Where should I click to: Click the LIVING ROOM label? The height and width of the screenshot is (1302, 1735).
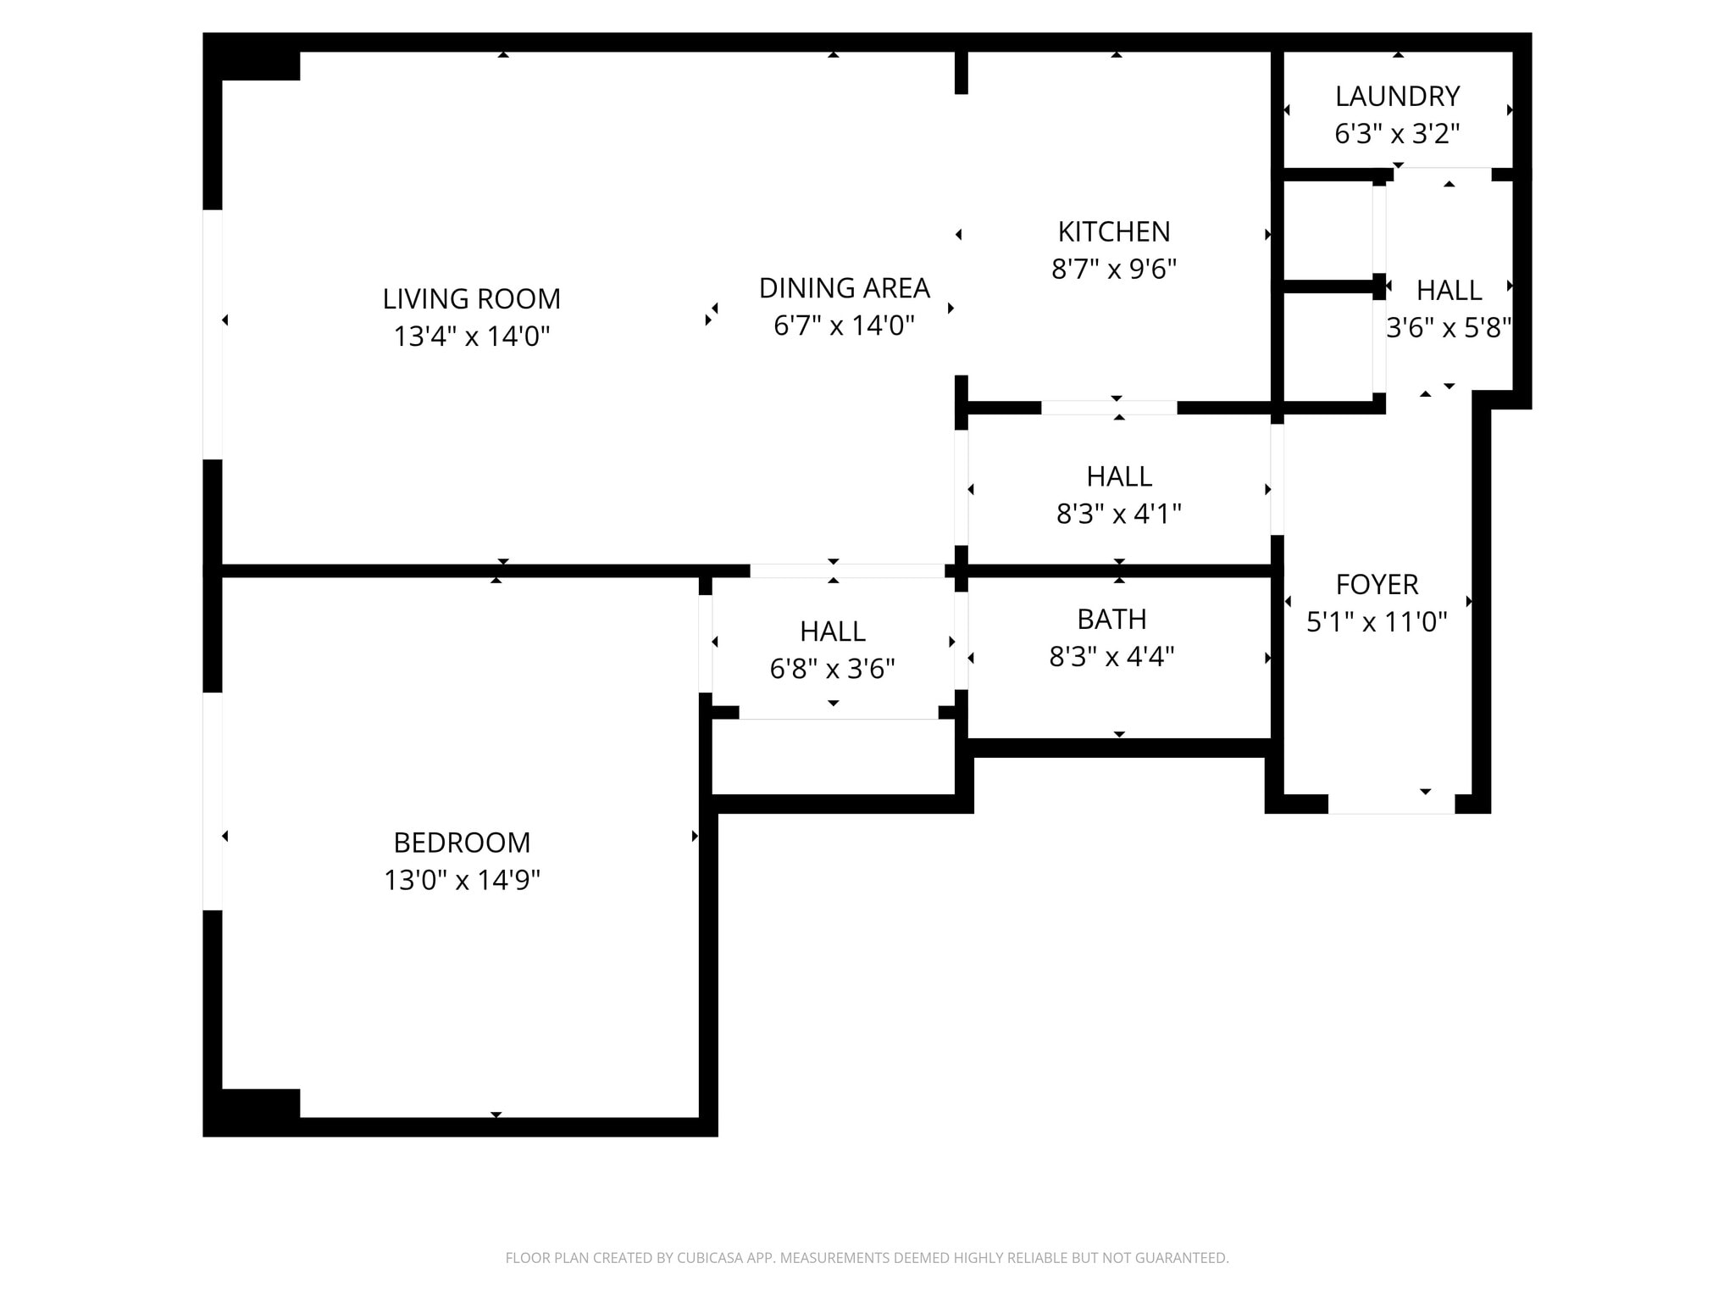[471, 298]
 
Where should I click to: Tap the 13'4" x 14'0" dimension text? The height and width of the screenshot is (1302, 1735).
[471, 337]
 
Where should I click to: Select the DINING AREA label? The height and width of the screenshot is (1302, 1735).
[844, 288]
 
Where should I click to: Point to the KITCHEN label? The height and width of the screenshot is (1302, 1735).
[1113, 231]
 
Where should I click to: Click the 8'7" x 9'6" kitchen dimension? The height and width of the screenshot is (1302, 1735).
[1113, 270]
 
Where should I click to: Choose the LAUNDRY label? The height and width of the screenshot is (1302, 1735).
[1397, 97]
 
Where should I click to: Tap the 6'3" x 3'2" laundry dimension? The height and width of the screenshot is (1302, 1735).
[1397, 134]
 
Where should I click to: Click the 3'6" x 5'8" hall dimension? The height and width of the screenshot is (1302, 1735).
[1448, 328]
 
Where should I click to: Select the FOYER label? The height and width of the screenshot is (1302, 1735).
[1377, 585]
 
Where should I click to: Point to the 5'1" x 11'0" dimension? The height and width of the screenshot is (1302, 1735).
[1377, 622]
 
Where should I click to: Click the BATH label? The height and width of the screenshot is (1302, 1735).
[1111, 620]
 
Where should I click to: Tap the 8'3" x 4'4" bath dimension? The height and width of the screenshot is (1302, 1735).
[1111, 657]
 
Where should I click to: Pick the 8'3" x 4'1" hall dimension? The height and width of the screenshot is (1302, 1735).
[1118, 514]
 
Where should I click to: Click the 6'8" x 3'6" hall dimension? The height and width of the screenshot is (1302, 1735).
[832, 670]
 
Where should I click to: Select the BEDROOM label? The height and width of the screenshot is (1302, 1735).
[462, 843]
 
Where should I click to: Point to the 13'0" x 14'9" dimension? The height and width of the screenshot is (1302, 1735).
[462, 881]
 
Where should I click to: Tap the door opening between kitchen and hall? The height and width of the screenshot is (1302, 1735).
[1108, 408]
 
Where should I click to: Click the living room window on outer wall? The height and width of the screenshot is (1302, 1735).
[212, 334]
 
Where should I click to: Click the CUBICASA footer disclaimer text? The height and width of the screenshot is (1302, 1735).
[867, 1258]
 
